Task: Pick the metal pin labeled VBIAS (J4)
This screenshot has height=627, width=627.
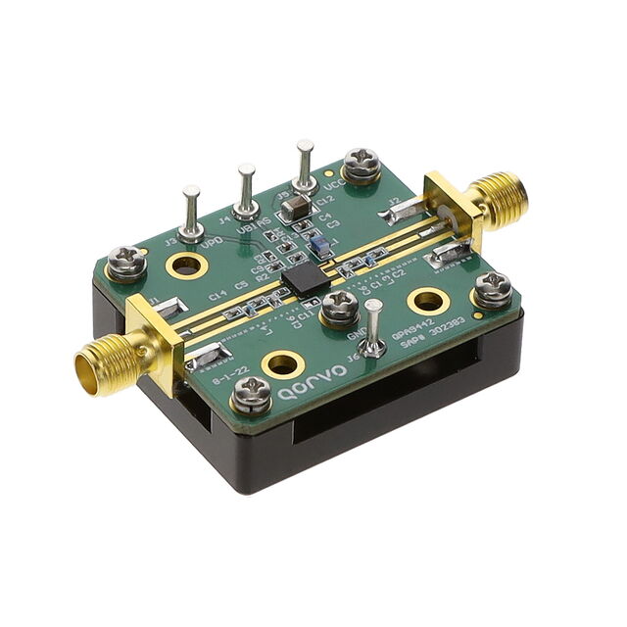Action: click(246, 191)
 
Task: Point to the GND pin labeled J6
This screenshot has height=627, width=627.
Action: click(374, 328)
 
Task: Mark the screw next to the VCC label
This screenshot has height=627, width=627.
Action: click(362, 165)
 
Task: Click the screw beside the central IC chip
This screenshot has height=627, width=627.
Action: click(339, 308)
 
